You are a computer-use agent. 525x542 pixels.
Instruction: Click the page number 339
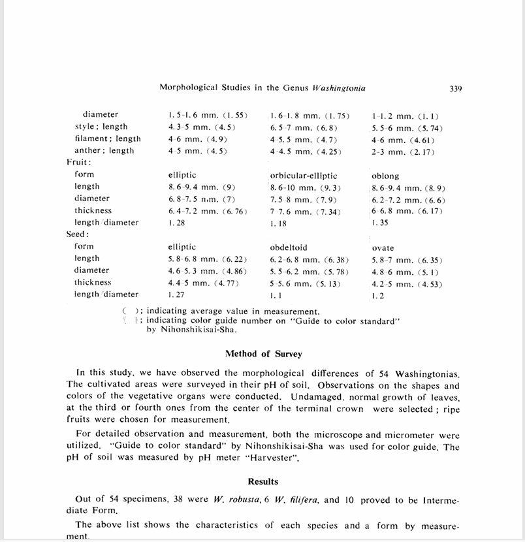point(456,88)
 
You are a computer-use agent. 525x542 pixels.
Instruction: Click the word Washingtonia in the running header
point(340,88)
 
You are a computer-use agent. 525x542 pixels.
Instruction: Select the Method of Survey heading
point(263,354)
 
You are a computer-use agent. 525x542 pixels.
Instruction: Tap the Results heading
point(263,481)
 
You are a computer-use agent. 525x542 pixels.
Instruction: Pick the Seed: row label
point(78,234)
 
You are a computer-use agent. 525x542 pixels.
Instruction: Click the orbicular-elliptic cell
point(304,176)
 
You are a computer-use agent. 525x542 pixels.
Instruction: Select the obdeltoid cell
point(289,248)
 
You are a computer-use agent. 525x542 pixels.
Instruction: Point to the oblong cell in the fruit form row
point(385,176)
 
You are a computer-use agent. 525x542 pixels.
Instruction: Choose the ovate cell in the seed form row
point(383,248)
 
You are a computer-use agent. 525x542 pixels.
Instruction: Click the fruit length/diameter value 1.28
point(176,223)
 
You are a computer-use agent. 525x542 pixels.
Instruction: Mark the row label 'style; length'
point(101,127)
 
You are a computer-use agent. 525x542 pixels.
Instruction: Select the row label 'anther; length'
point(104,151)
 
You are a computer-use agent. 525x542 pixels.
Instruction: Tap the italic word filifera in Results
point(302,501)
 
